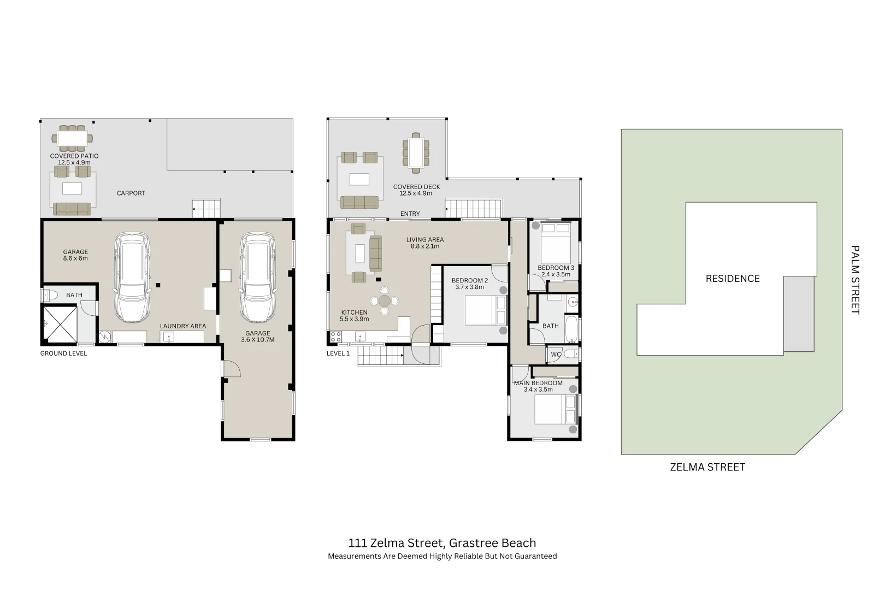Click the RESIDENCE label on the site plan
[732, 279]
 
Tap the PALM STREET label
[855, 280]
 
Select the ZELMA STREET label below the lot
[707, 467]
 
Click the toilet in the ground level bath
[50, 296]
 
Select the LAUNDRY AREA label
[182, 326]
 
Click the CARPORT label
[131, 193]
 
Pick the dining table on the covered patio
[72, 137]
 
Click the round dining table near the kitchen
[385, 301]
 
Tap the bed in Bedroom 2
[484, 310]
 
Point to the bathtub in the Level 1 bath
[571, 329]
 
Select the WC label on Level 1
[556, 355]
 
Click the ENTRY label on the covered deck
[410, 214]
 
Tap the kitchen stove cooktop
[336, 335]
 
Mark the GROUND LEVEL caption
[63, 353]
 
